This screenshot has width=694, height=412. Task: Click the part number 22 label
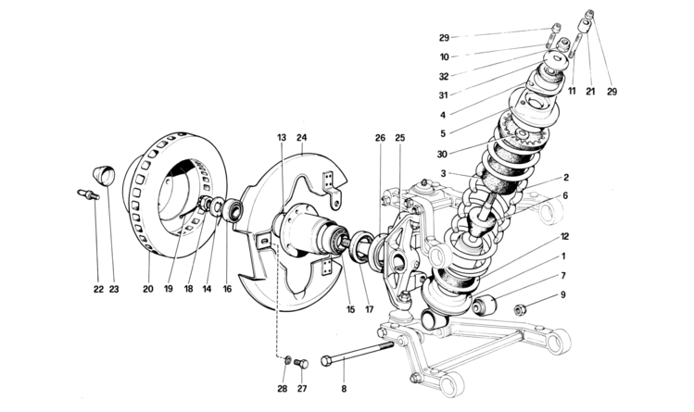(97, 289)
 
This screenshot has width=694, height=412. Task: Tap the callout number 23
(114, 289)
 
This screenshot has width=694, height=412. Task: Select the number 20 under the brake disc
(147, 289)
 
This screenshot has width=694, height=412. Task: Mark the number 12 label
(565, 236)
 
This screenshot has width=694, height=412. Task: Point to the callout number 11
(572, 93)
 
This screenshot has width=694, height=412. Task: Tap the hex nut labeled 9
(522, 307)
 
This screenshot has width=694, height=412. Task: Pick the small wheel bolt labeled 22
(85, 194)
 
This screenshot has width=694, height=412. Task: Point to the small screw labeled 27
(300, 363)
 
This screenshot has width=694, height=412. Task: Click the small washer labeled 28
(287, 359)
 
